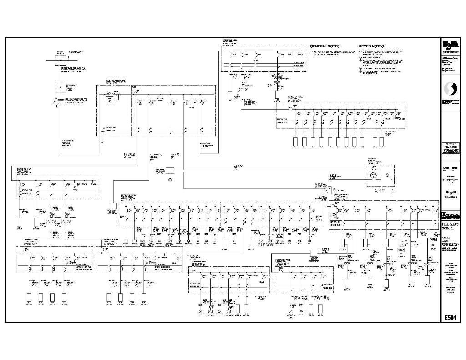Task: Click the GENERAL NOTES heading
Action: pos(325,46)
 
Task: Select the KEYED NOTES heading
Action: pos(371,46)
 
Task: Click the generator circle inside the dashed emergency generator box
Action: pos(374,175)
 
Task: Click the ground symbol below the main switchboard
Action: pos(102,142)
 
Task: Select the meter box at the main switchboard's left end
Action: pos(109,100)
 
